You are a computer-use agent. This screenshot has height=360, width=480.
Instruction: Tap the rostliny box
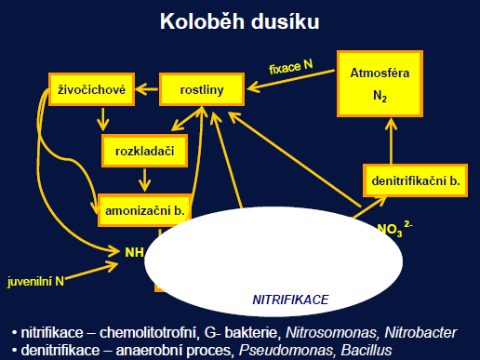click(x=203, y=90)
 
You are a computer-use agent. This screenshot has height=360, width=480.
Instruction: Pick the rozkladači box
click(x=145, y=150)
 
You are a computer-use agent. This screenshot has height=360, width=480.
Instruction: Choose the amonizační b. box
click(x=143, y=211)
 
